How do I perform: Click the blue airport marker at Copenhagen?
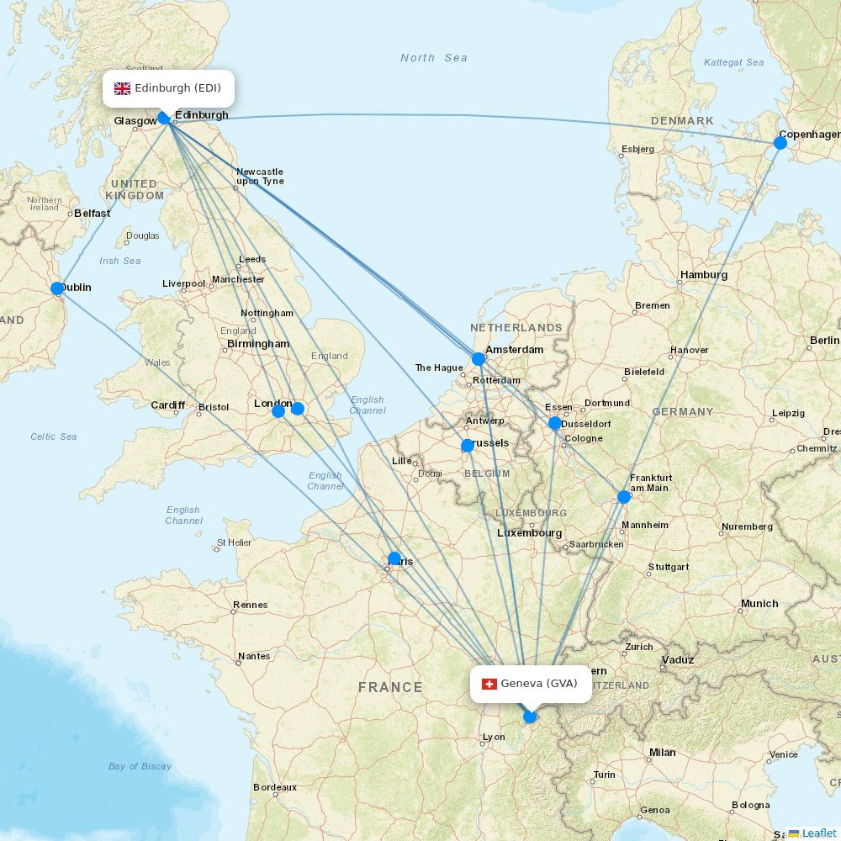tap(780, 143)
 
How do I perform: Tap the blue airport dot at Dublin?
tap(57, 288)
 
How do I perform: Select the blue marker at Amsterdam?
tap(479, 359)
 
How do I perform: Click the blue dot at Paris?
tap(394, 558)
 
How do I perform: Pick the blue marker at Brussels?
tap(468, 446)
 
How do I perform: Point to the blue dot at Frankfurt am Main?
tap(624, 497)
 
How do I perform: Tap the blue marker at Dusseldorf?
tap(554, 423)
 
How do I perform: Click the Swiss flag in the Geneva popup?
tap(489, 684)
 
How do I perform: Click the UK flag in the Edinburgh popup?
tap(123, 88)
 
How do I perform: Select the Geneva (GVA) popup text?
tap(539, 684)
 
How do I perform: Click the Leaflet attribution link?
tap(818, 833)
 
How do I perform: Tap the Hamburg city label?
tap(704, 275)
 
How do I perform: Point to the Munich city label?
tap(759, 604)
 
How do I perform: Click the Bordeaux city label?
tap(275, 788)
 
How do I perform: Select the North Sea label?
tap(433, 58)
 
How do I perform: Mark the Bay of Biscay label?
tap(140, 766)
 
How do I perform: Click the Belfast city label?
tap(92, 214)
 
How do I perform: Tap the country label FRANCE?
tap(390, 687)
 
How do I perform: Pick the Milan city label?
tap(662, 753)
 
